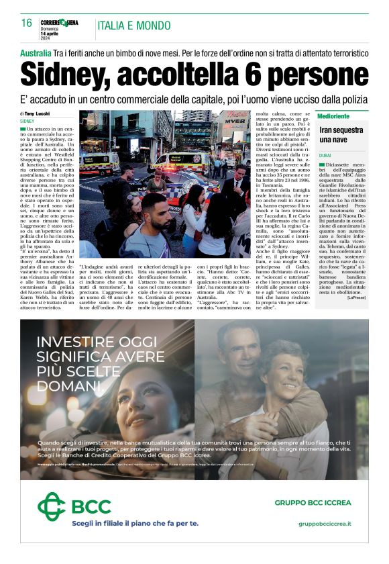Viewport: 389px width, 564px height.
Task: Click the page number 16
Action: click(27, 23)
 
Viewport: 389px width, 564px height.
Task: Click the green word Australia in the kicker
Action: click(36, 52)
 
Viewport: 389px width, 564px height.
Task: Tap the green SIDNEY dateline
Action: click(27, 121)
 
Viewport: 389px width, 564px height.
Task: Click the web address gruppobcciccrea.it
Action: click(325, 523)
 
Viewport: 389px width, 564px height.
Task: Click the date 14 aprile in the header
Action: click(51, 33)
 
